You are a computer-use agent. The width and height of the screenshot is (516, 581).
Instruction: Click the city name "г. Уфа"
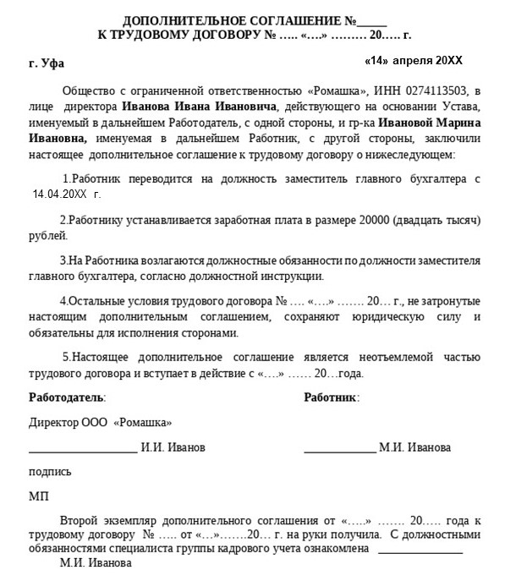pyautogui.click(x=46, y=63)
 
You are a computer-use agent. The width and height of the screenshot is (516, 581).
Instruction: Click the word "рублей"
pyautogui.click(x=45, y=236)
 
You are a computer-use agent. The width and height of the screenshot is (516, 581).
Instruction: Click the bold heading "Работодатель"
pyautogui.click(x=67, y=397)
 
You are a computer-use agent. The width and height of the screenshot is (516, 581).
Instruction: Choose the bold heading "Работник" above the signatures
pyautogui.click(x=331, y=397)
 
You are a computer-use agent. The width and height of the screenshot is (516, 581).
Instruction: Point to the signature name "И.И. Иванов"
pyautogui.click(x=173, y=447)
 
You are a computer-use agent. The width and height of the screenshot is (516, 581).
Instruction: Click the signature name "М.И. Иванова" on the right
pyautogui.click(x=415, y=447)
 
